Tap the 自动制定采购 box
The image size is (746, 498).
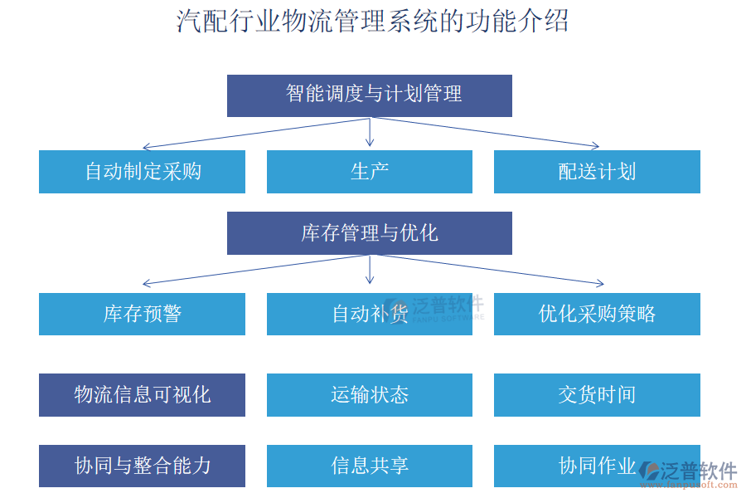pos(142,172)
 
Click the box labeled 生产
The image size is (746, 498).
pos(370,172)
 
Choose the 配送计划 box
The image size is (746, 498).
pos(597,172)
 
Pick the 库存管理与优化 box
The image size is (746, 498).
pos(370,233)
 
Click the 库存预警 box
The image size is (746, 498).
pos(142,314)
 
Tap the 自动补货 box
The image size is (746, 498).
pos(370,314)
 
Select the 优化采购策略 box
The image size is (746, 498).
pos(597,314)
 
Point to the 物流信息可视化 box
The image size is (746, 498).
pos(142,394)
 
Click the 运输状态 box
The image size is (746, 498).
pos(370,394)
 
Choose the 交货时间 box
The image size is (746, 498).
pos(597,394)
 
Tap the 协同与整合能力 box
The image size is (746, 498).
pos(142,466)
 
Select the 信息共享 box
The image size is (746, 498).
pos(370,466)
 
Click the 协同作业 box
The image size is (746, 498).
pos(597,466)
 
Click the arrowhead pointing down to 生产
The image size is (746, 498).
pos(370,143)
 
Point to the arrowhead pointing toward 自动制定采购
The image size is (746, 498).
pos(146,146)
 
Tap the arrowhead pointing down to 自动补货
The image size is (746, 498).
pos(370,281)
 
